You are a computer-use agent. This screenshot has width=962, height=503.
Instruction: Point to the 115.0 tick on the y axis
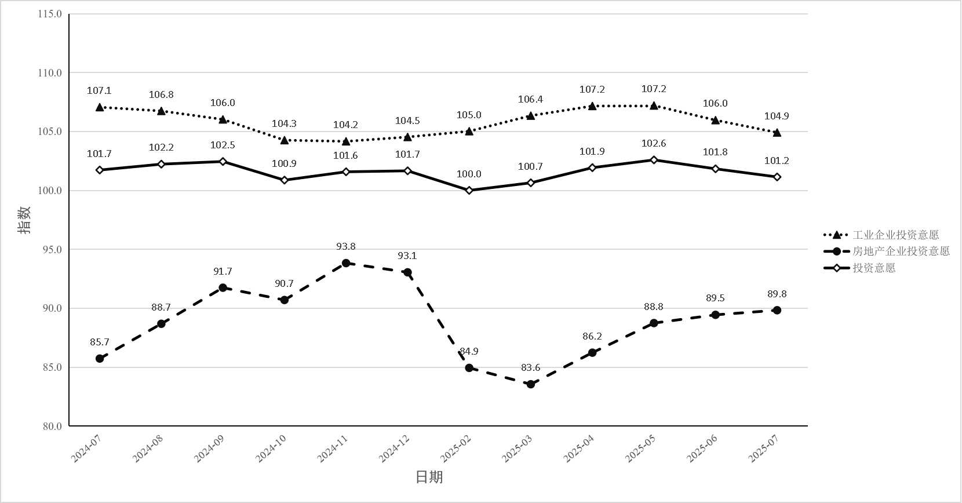coord(50,14)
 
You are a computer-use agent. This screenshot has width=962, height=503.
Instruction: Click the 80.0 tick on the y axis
coord(52,427)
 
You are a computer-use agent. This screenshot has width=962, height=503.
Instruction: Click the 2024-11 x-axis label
coord(333,449)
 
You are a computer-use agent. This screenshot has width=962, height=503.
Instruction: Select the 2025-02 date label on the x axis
coord(456,449)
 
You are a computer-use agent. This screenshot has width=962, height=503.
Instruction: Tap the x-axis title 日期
coord(429,477)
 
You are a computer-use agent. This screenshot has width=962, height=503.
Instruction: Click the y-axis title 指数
coord(24,220)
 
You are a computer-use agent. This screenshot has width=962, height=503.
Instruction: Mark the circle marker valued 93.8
coord(346,263)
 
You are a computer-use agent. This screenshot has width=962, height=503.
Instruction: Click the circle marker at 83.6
coord(530,384)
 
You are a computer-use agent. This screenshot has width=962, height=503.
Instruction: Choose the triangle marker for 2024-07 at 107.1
coord(100,107)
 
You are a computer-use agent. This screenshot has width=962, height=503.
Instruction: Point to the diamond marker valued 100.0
coord(469,191)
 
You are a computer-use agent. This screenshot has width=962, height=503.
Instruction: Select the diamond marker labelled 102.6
coord(654,160)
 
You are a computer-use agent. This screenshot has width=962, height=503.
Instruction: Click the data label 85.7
coord(100,342)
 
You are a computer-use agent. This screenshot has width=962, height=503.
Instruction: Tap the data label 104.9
coord(777,116)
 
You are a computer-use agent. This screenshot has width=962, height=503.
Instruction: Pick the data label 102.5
coord(223,145)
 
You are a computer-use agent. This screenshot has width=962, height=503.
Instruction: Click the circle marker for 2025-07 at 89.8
coord(777,311)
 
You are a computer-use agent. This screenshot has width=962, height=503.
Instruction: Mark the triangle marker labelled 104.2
coord(346,141)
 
